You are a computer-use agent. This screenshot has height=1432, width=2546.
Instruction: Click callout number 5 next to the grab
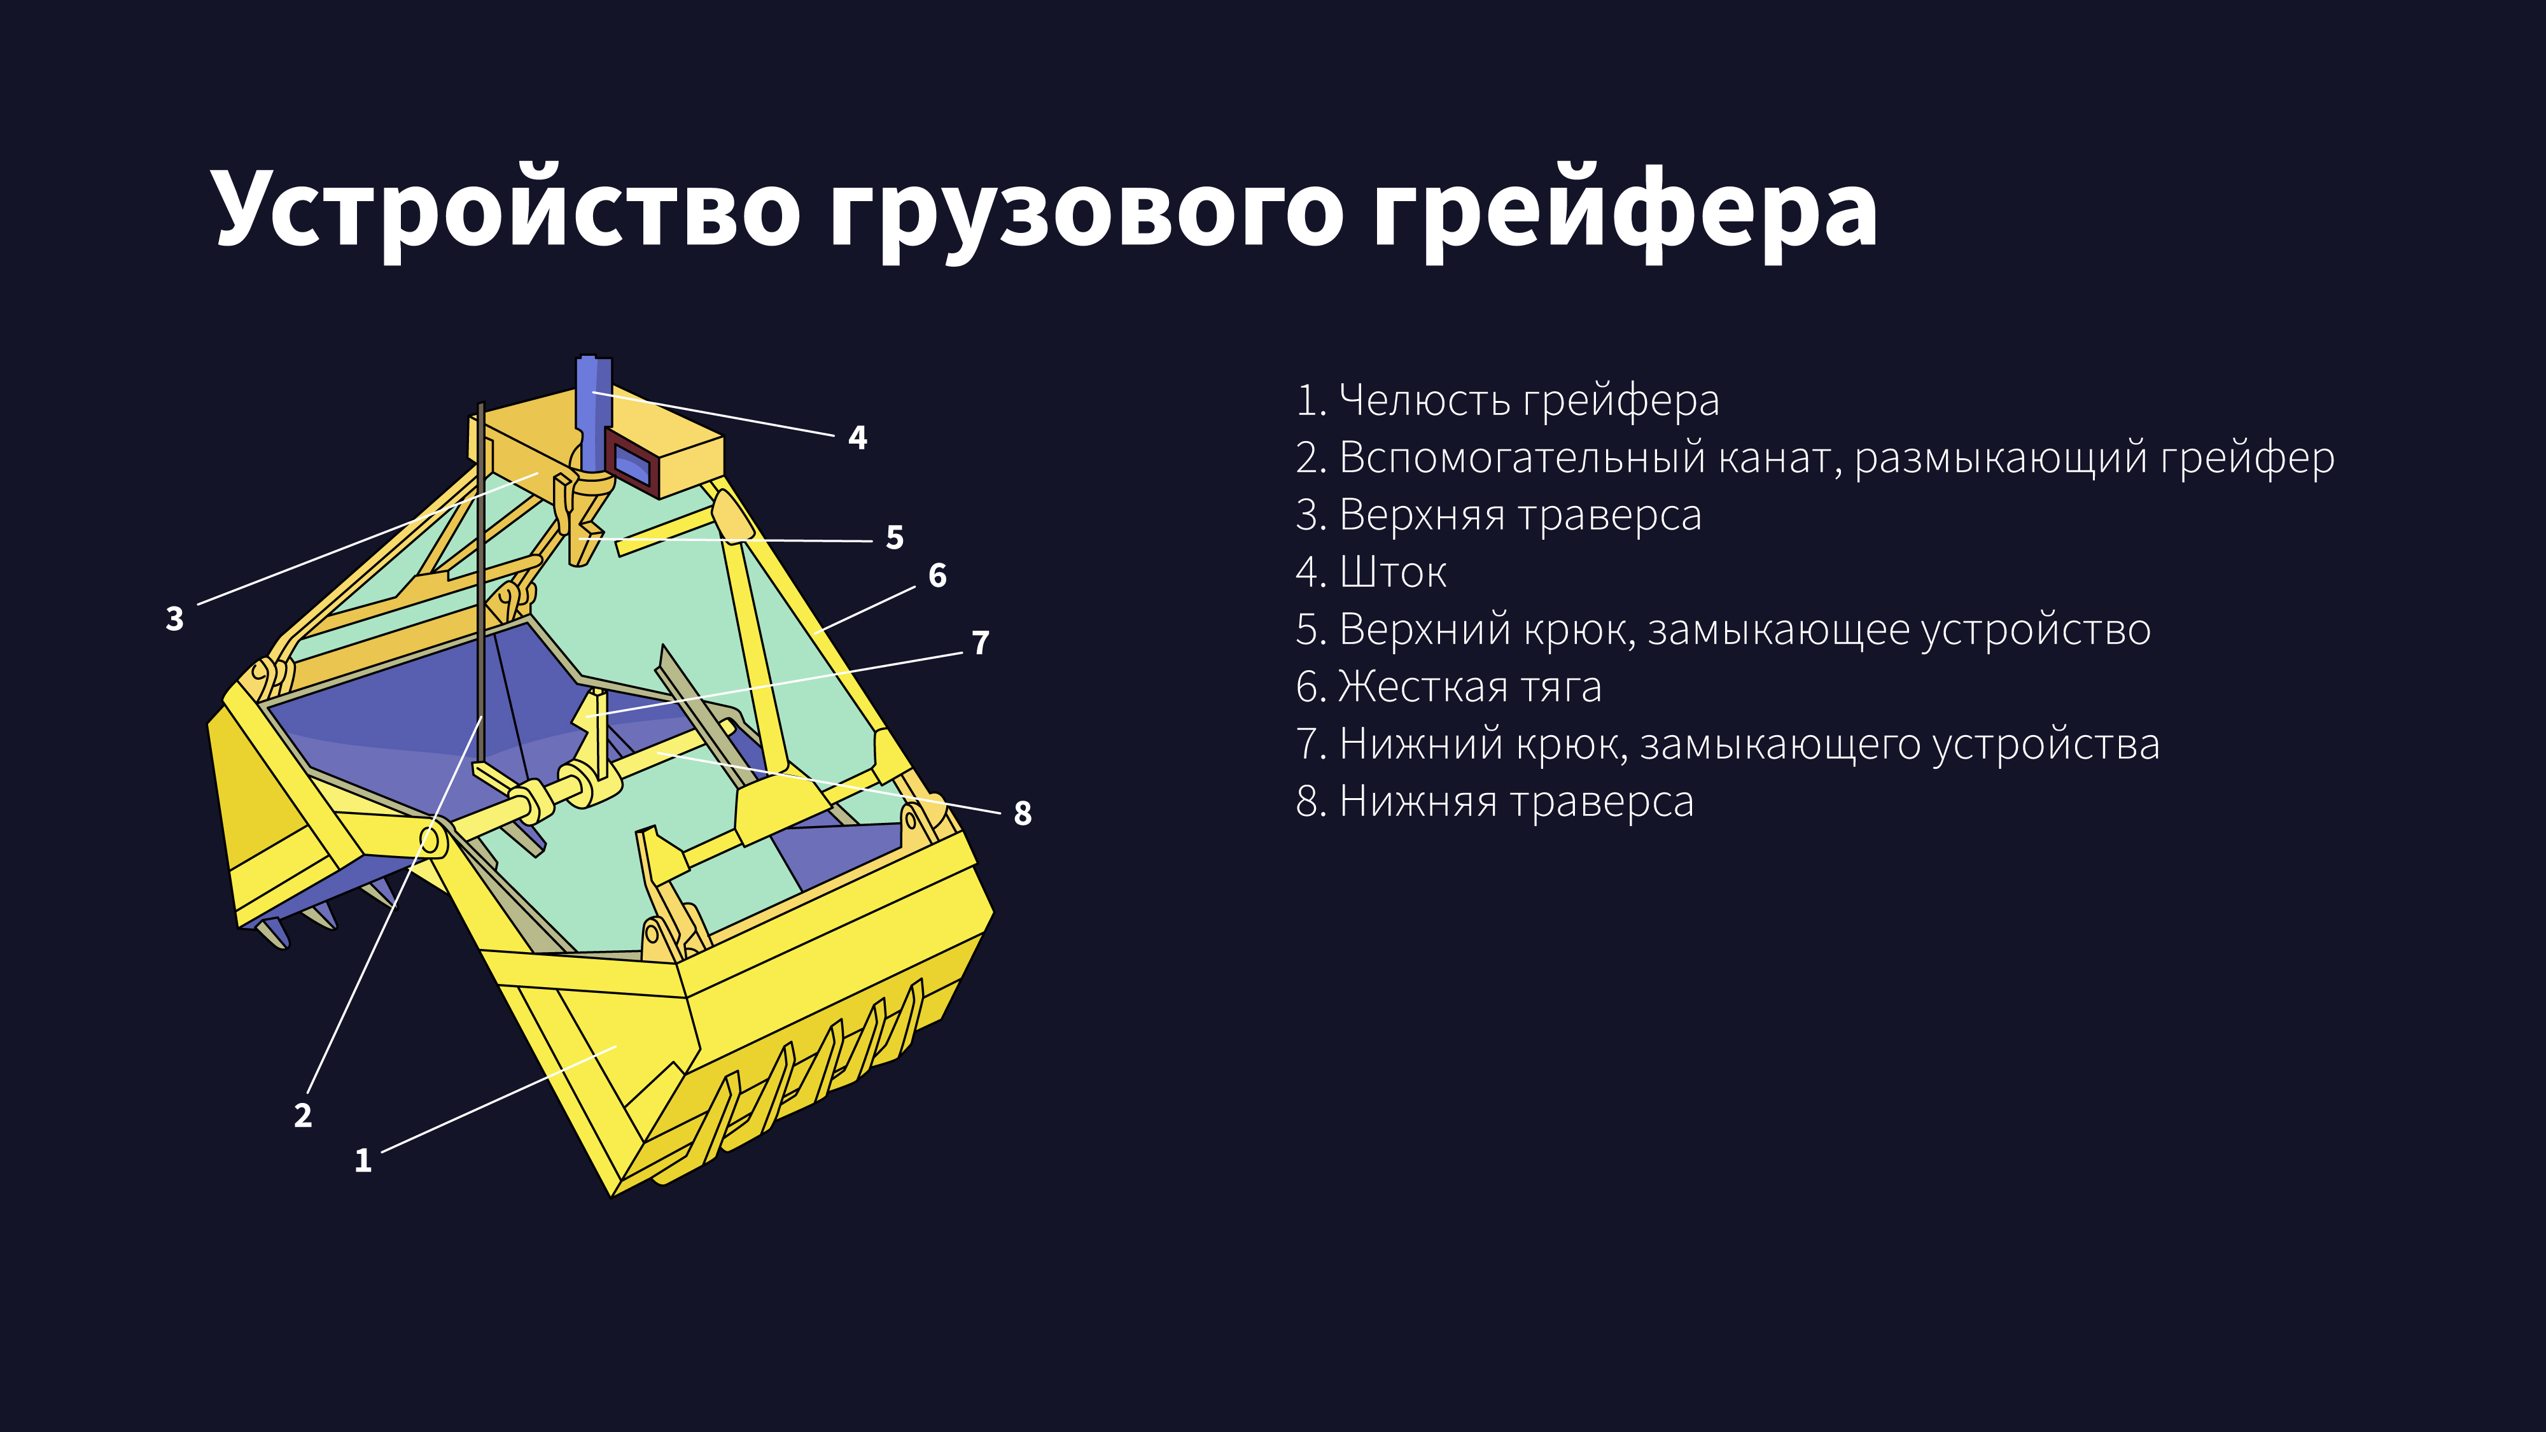(895, 538)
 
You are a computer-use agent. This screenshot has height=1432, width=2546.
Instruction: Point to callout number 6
(937, 575)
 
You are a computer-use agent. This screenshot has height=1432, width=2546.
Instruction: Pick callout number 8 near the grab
(1022, 813)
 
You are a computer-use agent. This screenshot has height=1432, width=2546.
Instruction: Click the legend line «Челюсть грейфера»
(1507, 400)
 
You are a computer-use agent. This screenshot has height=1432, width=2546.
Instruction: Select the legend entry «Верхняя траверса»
(1499, 515)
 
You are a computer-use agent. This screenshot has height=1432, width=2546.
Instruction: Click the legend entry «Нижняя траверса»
(1494, 801)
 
